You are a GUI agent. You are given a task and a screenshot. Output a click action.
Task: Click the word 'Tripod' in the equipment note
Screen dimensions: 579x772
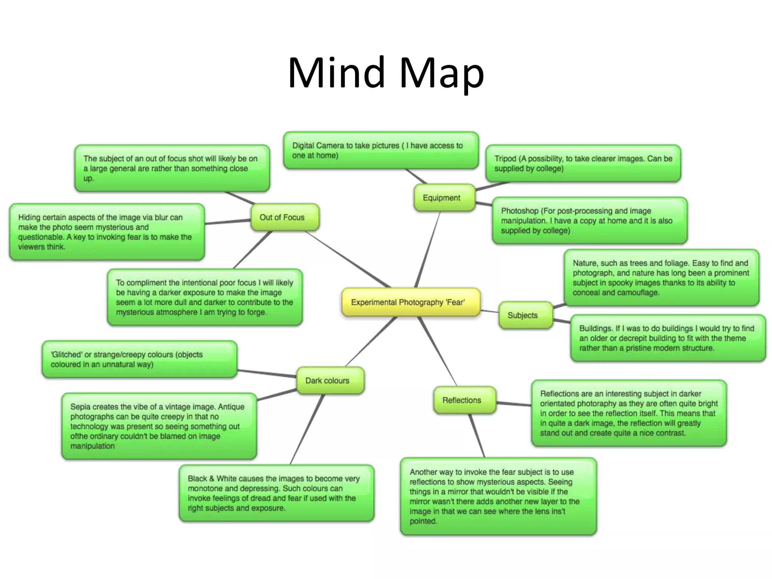point(505,159)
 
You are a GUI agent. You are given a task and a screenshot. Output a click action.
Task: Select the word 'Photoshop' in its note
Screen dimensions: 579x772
point(519,211)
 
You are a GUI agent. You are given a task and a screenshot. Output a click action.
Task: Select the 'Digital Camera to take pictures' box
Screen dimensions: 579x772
point(381,150)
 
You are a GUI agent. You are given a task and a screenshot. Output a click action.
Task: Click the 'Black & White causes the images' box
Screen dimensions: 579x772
point(276,493)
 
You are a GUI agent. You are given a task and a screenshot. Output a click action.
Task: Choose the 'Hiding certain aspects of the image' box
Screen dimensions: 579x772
point(107,232)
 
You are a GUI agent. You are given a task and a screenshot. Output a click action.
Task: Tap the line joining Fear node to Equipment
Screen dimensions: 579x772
point(428,249)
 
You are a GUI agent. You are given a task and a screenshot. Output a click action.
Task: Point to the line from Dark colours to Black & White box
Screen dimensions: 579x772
point(307,430)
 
